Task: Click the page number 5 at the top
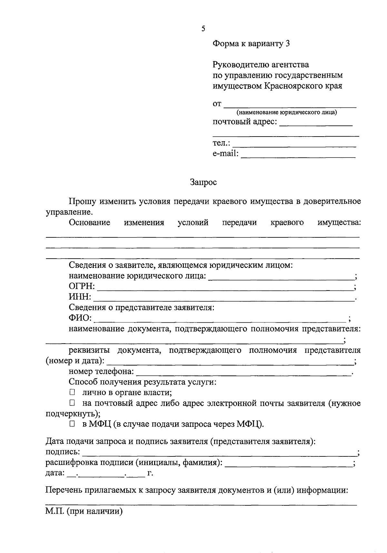pos(203,29)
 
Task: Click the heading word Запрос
pos(203,182)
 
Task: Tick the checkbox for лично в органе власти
pos(72,392)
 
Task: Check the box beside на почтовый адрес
pos(72,403)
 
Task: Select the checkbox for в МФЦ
pos(72,424)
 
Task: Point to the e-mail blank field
pos(298,156)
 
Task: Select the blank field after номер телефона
pos(244,373)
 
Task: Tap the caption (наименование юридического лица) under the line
pos(287,112)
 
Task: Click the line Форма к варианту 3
pos(251,43)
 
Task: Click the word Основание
pos(89,223)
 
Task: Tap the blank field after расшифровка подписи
pos(289,464)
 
